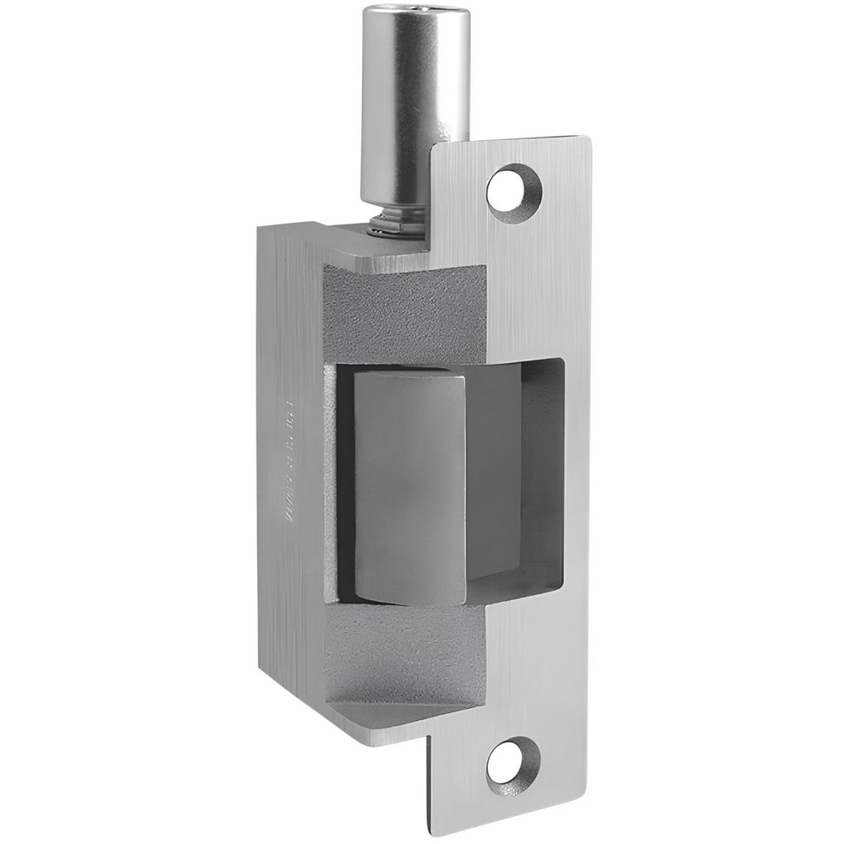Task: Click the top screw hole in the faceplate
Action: (513, 187)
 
